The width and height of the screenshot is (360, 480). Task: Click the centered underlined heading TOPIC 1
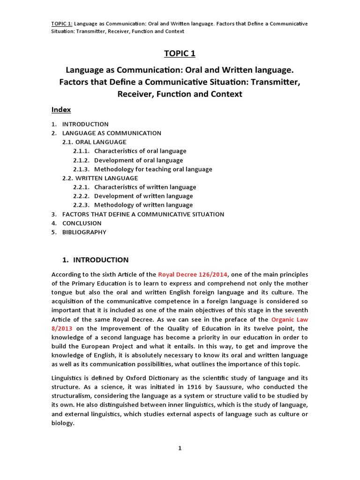(x=180, y=53)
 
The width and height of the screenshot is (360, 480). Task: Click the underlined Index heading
(x=61, y=110)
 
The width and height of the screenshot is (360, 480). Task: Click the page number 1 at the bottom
(x=180, y=448)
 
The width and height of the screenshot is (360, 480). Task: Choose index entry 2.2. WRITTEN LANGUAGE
(x=100, y=178)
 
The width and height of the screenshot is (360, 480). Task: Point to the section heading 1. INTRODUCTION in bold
(x=96, y=260)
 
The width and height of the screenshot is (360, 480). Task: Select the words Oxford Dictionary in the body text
(x=163, y=378)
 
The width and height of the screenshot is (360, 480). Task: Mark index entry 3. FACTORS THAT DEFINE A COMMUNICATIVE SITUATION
(x=138, y=214)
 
